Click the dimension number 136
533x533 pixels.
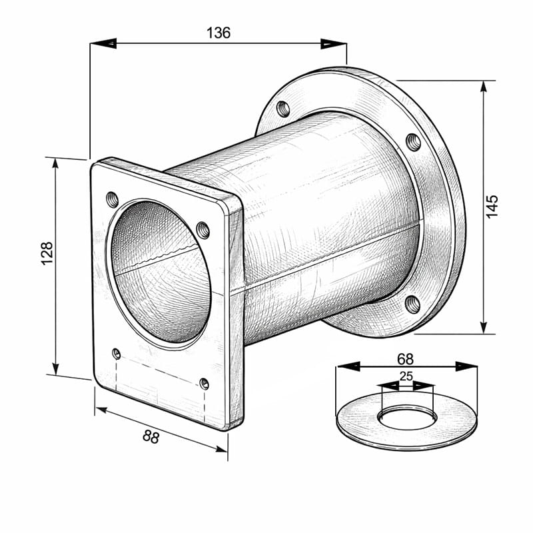pyautogui.click(x=219, y=33)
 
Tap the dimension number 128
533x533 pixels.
pyautogui.click(x=47, y=253)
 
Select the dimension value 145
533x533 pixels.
pyautogui.click(x=492, y=207)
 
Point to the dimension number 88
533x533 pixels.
pyautogui.click(x=151, y=436)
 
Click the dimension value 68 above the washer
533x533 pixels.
pyautogui.click(x=406, y=359)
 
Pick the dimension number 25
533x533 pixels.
pyautogui.click(x=406, y=376)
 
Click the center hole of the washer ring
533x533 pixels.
pyautogui.click(x=407, y=419)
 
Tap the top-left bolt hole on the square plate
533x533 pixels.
pyautogui.click(x=113, y=199)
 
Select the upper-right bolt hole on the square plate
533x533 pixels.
pyautogui.click(x=203, y=230)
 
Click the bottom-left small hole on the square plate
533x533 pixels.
pyautogui.click(x=117, y=354)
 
